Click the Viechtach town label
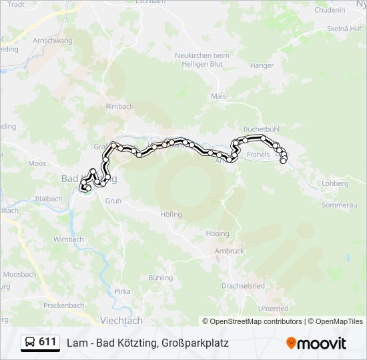(120, 320)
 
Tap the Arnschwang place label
(52, 40)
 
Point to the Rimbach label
(119, 106)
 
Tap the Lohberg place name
(335, 183)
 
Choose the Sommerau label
(340, 205)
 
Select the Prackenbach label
(63, 305)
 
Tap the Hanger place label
(262, 65)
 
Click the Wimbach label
(69, 239)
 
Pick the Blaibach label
(49, 199)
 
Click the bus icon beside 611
(31, 343)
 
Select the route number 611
(47, 342)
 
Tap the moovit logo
(316, 343)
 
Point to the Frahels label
(258, 155)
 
